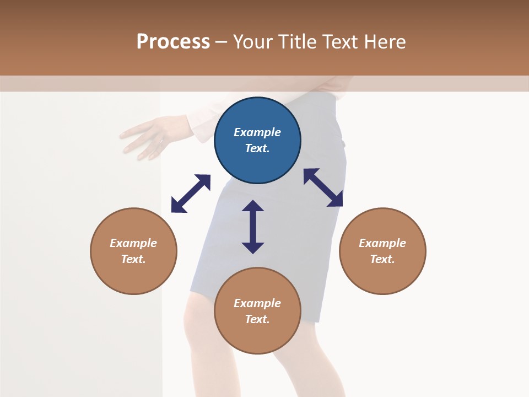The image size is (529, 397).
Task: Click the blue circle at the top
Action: [x=257, y=140]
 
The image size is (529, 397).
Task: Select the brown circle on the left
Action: [x=133, y=251]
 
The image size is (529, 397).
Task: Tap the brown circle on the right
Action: [x=382, y=251]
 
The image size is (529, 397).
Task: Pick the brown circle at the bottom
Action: [x=257, y=311]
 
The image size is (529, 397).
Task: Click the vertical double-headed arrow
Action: [x=253, y=227]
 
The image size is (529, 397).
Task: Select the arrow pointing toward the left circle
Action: [x=191, y=194]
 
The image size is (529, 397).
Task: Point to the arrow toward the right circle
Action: [x=323, y=187]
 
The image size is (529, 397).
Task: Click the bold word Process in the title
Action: [x=173, y=41]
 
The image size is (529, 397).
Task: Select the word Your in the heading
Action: [x=253, y=41]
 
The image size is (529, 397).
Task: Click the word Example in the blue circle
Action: [x=257, y=132]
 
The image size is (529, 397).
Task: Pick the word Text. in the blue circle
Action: [x=257, y=148]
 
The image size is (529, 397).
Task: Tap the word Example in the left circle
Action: [x=133, y=243]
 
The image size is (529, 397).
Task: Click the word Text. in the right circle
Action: [x=382, y=259]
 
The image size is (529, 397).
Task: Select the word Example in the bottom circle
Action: [x=257, y=303]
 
